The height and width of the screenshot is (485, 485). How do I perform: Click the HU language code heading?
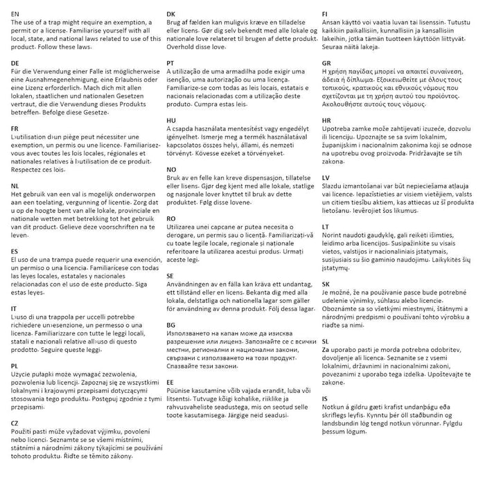pyautogui.click(x=171, y=120)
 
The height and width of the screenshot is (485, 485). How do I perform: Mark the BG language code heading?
pyautogui.click(x=171, y=324)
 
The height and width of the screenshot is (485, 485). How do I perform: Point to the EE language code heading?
pyautogui.click(x=170, y=382)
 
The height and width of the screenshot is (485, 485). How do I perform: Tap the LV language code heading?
pyautogui.click(x=326, y=178)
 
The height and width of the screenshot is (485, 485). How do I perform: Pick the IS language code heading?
pyautogui.click(x=325, y=400)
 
